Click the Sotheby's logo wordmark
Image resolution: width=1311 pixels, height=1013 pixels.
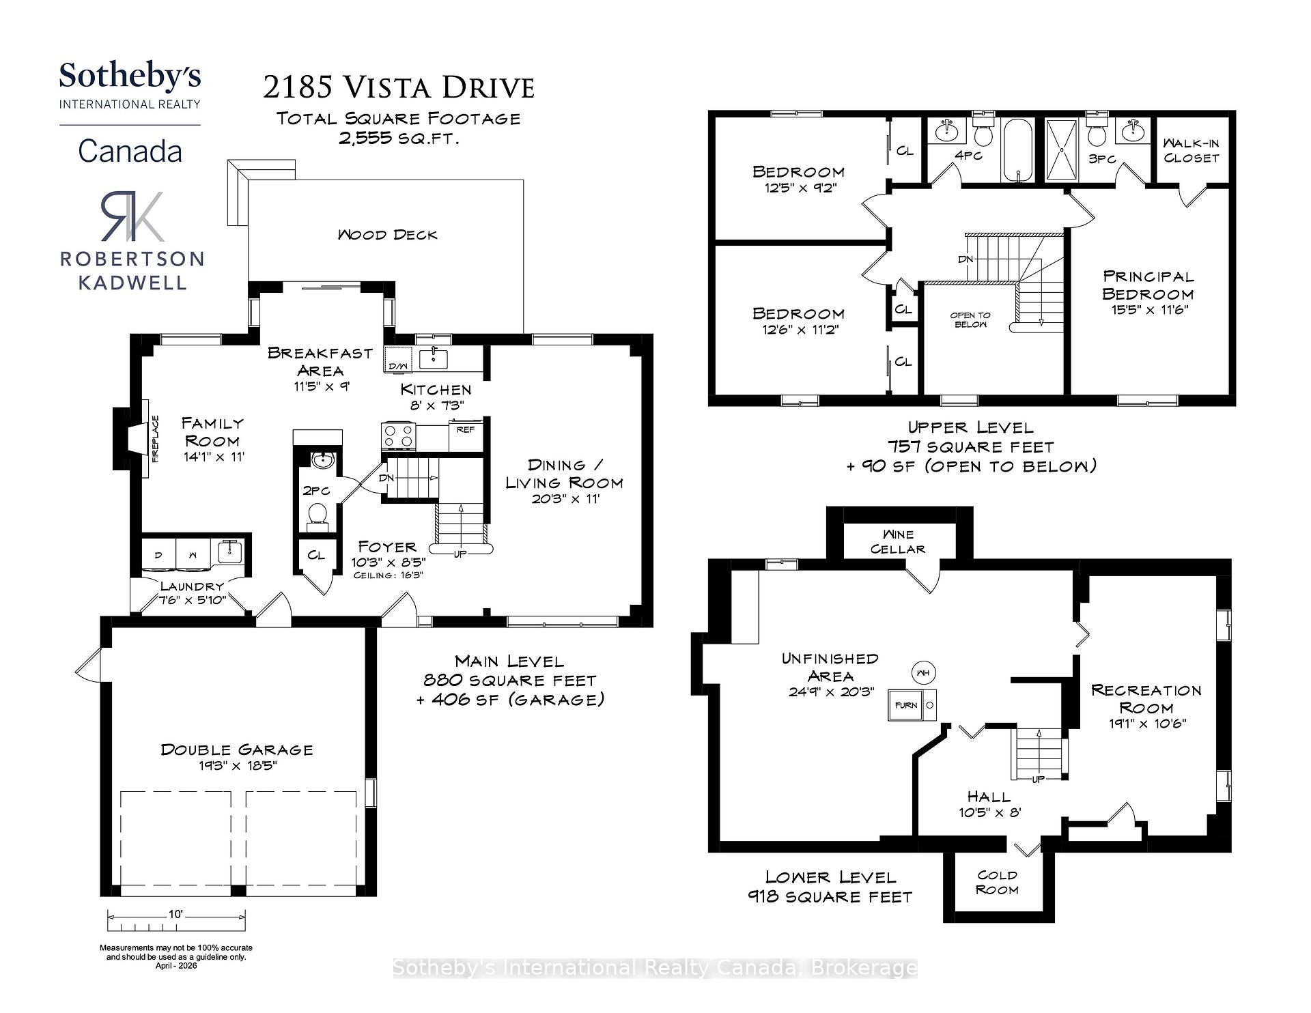click(130, 76)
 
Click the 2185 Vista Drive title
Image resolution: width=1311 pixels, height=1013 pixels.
click(399, 87)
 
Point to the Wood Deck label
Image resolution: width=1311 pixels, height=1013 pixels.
click(387, 235)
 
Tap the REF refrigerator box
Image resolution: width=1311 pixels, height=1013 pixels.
click(466, 430)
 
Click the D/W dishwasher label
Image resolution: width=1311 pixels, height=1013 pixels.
click(397, 367)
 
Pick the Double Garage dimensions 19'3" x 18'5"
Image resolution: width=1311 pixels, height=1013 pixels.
click(237, 766)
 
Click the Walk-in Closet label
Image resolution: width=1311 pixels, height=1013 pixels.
click(1191, 150)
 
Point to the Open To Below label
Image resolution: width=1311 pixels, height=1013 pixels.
click(970, 319)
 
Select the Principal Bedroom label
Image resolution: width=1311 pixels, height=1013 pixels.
click(1148, 285)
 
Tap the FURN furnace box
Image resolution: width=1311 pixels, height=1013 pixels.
click(906, 705)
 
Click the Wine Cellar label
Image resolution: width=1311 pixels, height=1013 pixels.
click(898, 541)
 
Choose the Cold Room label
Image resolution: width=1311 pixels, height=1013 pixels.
click(997, 882)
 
